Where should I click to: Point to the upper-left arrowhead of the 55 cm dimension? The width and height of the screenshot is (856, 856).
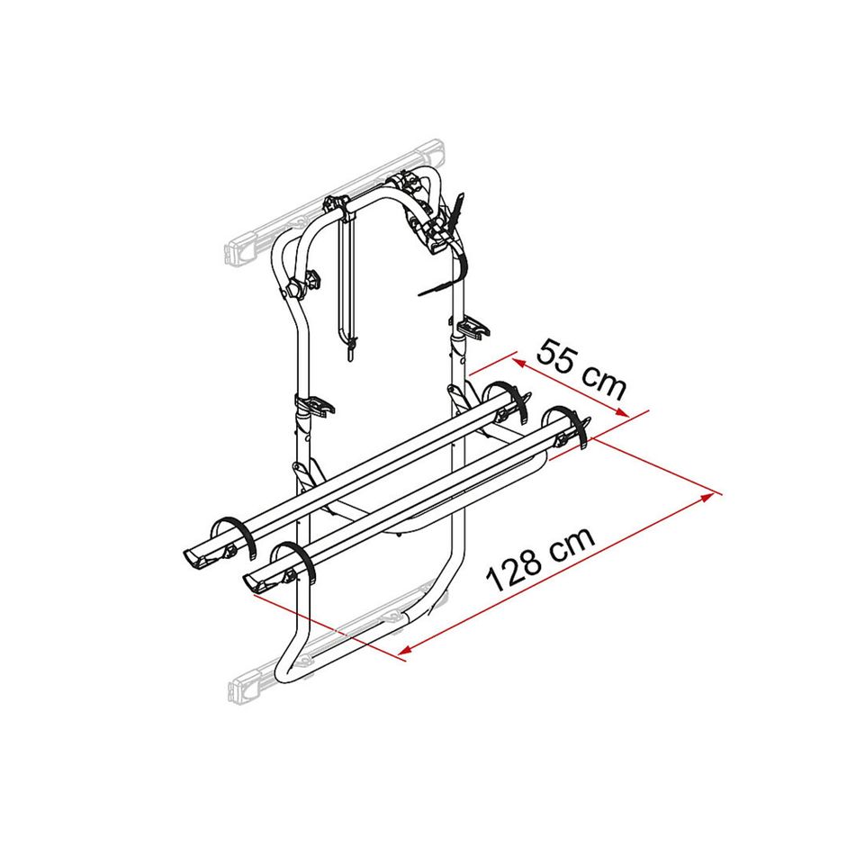point(518,363)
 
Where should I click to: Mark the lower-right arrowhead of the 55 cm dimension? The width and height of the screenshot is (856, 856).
point(622,412)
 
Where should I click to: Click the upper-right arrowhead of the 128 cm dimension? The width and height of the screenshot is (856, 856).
point(707,496)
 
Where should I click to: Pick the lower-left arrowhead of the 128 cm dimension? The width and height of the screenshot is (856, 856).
point(406,649)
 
